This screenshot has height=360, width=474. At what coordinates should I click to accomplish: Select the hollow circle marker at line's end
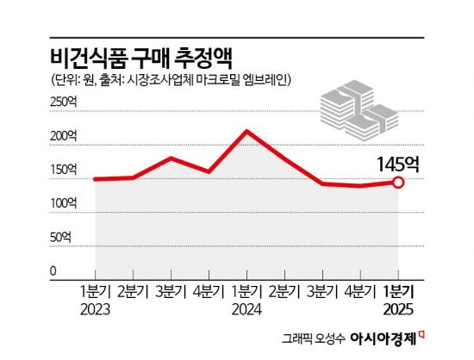click(x=398, y=182)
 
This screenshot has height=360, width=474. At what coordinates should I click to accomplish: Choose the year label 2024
click(x=247, y=307)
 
